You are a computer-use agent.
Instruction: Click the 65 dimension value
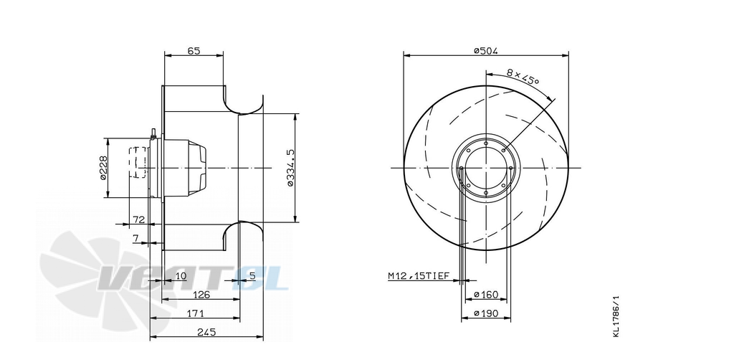point(194,51)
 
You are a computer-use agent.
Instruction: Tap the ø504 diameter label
point(485,51)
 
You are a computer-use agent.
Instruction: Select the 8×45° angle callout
point(523,76)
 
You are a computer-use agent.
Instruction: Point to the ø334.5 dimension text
point(290,168)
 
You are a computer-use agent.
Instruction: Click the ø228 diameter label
point(103,168)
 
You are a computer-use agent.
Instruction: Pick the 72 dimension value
point(139,219)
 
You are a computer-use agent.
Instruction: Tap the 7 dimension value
point(135,238)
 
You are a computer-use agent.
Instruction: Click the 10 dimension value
point(181,275)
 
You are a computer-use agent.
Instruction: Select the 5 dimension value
point(252,275)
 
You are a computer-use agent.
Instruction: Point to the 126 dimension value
point(201,295)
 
